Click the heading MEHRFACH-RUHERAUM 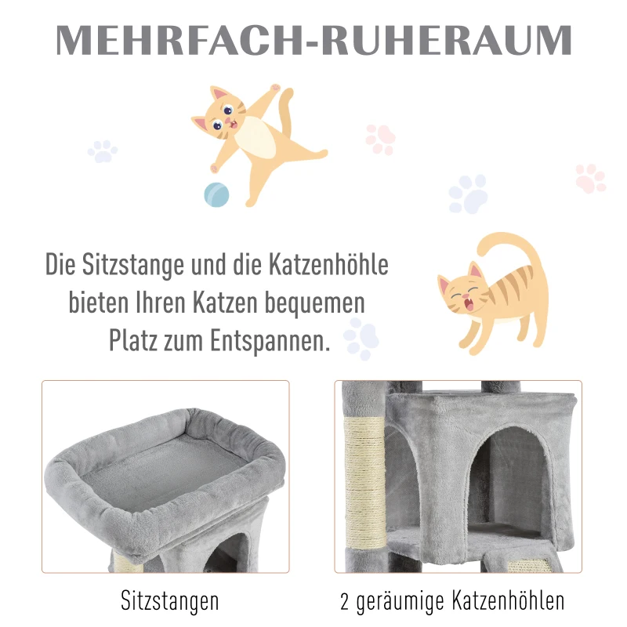coord(313,41)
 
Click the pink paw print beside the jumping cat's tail coord(381,138)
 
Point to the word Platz coord(136,341)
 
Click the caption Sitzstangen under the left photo coord(170,602)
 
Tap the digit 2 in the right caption coord(346,602)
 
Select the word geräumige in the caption coord(404,603)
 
